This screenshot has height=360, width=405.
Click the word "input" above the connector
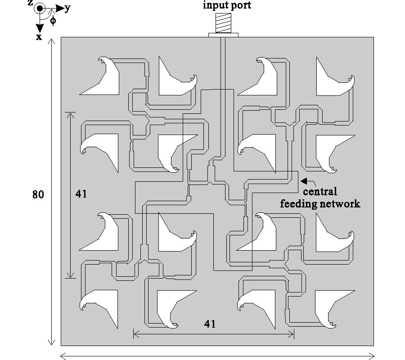pos(213,5)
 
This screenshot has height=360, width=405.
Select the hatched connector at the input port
pos(222,23)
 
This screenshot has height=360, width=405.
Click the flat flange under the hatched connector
pos(223,35)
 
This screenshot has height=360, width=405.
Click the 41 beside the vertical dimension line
pos(82,194)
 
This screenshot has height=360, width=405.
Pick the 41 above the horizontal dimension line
pos(210,324)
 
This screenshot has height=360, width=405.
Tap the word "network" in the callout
pos(341,203)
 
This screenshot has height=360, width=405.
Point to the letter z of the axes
pos(30,3)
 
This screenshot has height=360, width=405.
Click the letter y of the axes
pos(67,9)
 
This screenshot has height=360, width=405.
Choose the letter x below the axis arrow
pos(39,36)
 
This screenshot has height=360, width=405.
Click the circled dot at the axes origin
pos(40,8)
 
